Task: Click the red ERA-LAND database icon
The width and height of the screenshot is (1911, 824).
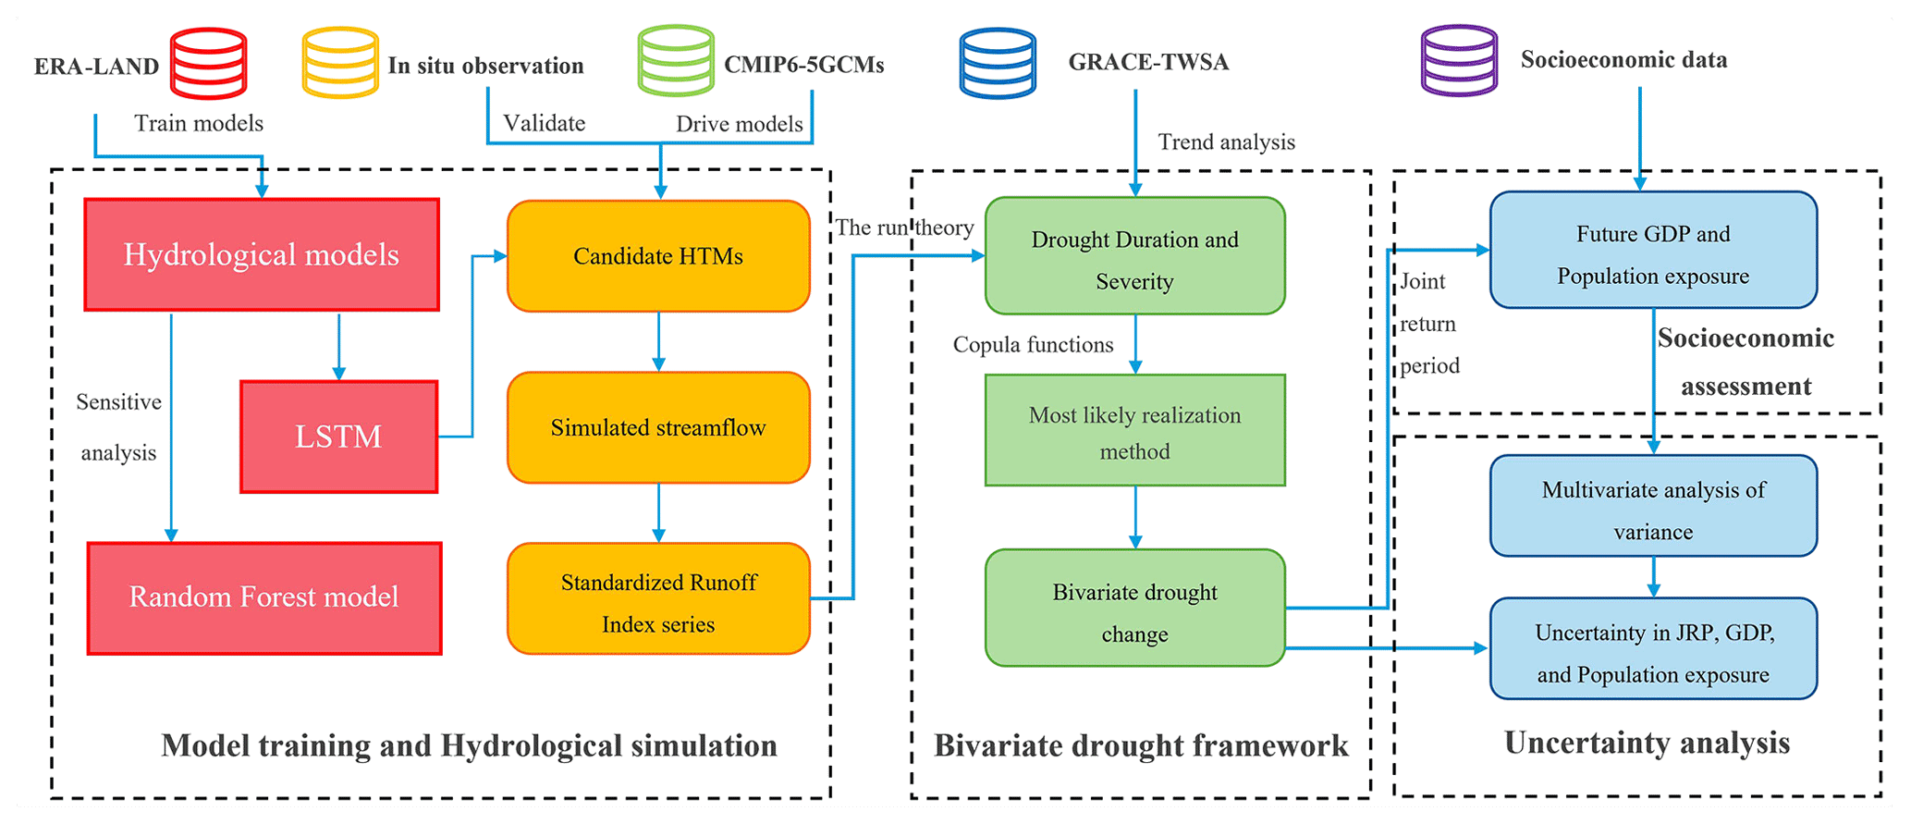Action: tap(209, 63)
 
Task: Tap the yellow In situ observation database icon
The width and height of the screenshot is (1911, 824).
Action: tap(340, 63)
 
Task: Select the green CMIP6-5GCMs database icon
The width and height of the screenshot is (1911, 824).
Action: tap(676, 61)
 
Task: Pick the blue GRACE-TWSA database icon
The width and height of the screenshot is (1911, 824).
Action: tap(998, 63)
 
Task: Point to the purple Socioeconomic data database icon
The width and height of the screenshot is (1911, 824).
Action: tap(1459, 61)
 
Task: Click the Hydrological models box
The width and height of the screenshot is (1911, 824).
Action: tap(262, 255)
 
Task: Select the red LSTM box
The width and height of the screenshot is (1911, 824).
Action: tap(338, 437)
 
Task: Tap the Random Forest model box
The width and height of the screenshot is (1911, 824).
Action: tap(264, 598)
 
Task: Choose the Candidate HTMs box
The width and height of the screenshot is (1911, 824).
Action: tap(658, 256)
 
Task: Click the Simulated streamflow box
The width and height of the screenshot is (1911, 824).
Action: tap(658, 428)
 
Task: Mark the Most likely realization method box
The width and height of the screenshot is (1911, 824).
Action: tap(1134, 431)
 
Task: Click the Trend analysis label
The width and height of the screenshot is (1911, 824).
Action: tap(1226, 142)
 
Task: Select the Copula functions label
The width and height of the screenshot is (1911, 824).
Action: tap(1033, 345)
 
